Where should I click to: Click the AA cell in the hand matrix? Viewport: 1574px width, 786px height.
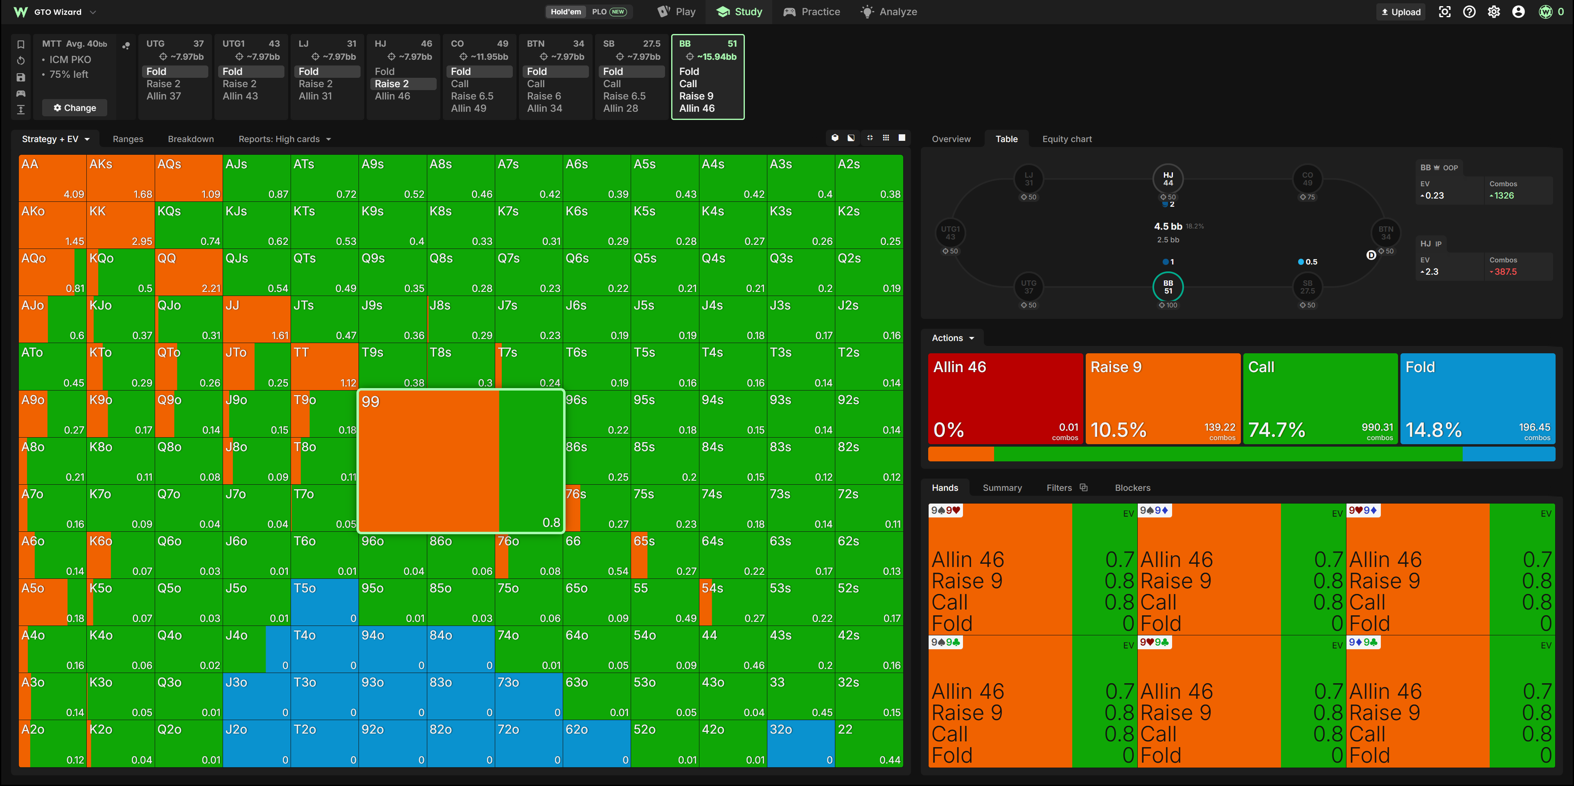point(52,178)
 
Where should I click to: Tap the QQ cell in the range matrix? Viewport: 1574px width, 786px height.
point(188,272)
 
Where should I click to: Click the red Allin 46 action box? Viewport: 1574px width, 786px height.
point(1005,398)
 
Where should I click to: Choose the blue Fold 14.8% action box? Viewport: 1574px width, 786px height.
point(1477,398)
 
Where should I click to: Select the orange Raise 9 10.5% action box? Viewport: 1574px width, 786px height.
point(1163,398)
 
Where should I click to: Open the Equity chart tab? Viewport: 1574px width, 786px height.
point(1067,139)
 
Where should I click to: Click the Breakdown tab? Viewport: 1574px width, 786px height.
point(191,139)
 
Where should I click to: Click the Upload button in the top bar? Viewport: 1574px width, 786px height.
point(1400,11)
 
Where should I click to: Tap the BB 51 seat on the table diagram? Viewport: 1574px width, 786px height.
point(1168,287)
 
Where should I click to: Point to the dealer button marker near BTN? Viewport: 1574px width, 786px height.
point(1371,255)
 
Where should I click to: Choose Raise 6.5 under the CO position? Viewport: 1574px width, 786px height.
point(472,96)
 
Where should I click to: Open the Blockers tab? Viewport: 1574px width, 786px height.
point(1132,488)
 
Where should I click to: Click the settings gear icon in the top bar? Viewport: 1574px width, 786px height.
point(1493,11)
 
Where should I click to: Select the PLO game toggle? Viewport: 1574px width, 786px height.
point(609,11)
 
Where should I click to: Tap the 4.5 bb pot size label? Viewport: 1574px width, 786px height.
point(1168,226)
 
